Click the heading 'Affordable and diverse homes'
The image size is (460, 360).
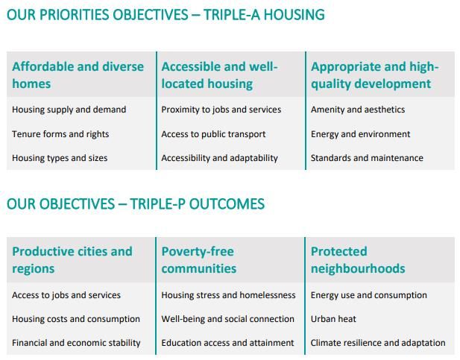point(78,75)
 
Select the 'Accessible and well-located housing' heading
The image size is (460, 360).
point(219,75)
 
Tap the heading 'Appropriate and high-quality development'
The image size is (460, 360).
point(374,75)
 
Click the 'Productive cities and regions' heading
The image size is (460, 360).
point(72,260)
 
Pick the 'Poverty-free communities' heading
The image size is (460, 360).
point(199,260)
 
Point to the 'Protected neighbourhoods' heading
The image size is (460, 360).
point(358,260)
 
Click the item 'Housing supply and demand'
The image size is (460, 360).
point(69,110)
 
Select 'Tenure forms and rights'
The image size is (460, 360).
point(60,134)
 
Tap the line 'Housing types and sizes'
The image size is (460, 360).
point(60,158)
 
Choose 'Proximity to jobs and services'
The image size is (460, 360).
point(221,110)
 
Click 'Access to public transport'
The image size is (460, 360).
point(213,134)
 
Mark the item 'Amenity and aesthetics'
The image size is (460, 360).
point(358,110)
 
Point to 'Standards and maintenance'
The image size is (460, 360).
point(367,158)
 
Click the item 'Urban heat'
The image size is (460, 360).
point(333,319)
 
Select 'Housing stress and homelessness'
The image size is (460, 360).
point(228,295)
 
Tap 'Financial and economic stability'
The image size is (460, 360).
point(76,343)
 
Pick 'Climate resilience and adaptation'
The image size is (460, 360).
point(378,343)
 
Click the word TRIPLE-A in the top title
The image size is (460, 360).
point(232,15)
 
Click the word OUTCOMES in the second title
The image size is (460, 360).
point(227,204)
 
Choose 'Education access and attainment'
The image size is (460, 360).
point(227,343)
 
